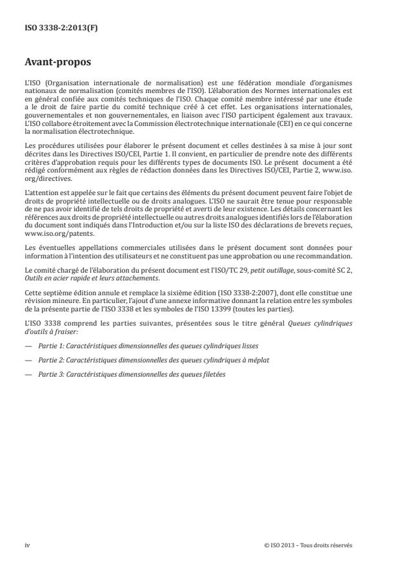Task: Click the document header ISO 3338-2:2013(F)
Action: point(53,29)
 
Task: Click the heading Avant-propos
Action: point(56,64)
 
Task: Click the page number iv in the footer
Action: point(28,545)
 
